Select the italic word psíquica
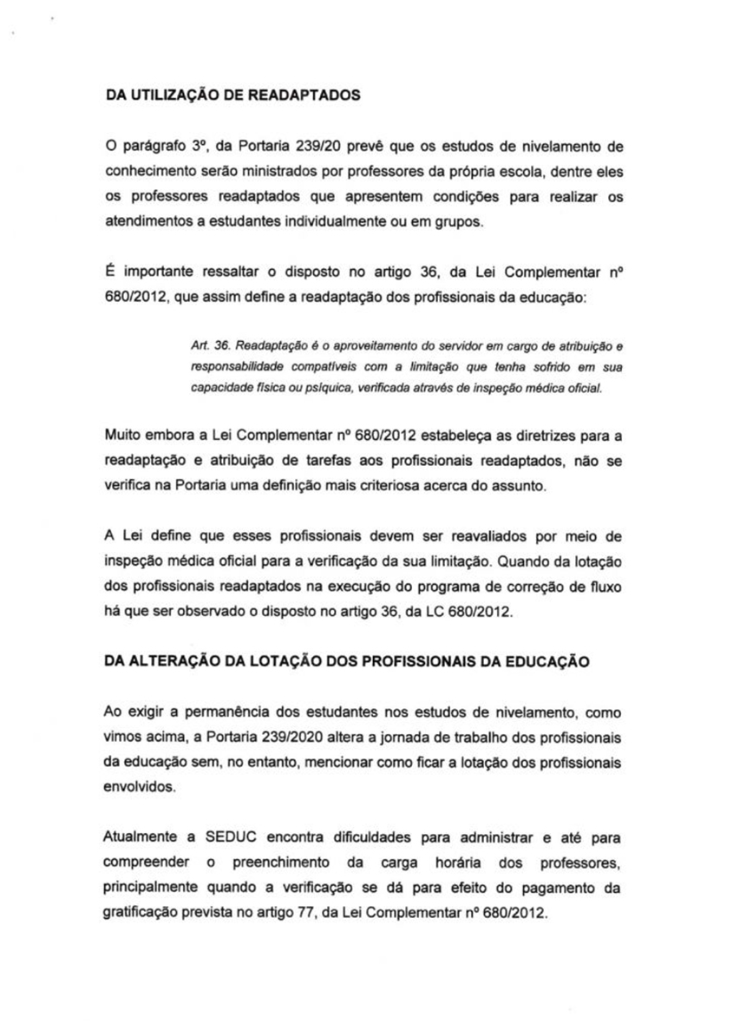[303, 387]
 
